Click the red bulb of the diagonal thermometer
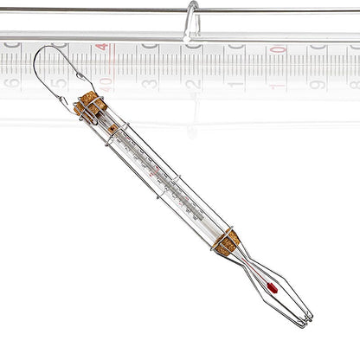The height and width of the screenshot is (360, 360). [x=271, y=286]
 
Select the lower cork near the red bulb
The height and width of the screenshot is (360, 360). [x=228, y=241]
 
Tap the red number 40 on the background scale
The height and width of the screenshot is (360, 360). [x=105, y=84]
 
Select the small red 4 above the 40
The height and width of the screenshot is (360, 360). [x=103, y=48]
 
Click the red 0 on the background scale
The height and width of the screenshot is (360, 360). [x=277, y=49]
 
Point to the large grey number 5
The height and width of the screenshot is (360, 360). [x=59, y=84]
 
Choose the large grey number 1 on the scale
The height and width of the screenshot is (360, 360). [x=235, y=84]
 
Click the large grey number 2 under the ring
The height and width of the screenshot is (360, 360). [x=191, y=84]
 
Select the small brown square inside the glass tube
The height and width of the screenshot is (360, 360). [x=112, y=128]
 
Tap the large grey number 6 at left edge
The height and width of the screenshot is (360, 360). [x=11, y=84]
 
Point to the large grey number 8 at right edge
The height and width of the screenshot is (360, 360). [x=353, y=84]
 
